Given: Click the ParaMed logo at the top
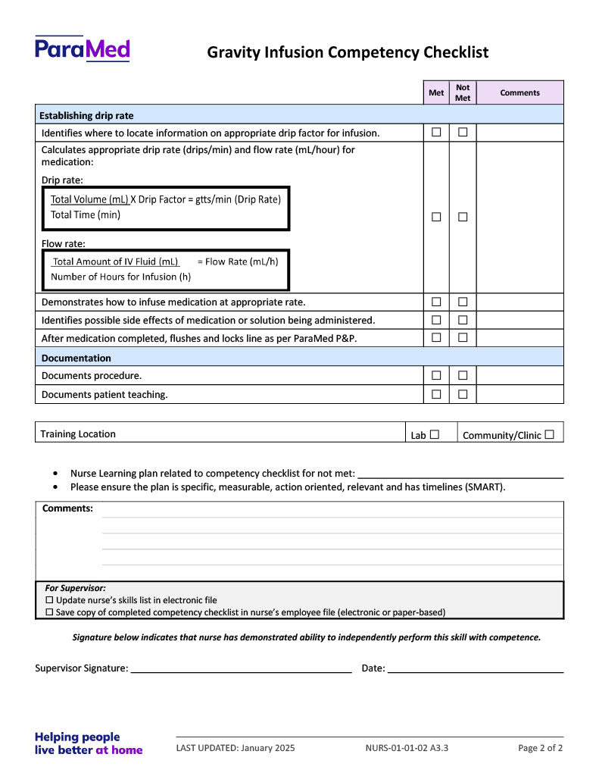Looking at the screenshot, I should pyautogui.click(x=83, y=49).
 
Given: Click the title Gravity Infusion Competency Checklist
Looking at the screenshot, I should pyautogui.click(x=348, y=52).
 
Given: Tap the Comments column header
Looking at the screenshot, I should pyautogui.click(x=519, y=92).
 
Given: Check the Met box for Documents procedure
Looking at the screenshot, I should pyautogui.click(x=436, y=375).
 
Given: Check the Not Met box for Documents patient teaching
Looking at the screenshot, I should pyautogui.click(x=463, y=394).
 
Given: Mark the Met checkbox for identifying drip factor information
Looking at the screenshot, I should pyautogui.click(x=436, y=133).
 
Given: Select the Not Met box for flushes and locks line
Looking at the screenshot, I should pyautogui.click(x=463, y=338).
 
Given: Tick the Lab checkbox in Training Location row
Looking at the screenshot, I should pyautogui.click(x=435, y=434).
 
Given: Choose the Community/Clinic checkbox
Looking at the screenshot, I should pyautogui.click(x=549, y=434).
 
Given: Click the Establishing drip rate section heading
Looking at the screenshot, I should pyautogui.click(x=87, y=115).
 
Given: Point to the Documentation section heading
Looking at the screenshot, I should pyautogui.click(x=76, y=358).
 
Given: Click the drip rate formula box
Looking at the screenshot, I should pyautogui.click(x=165, y=208).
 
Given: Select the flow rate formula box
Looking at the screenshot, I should pyautogui.click(x=165, y=269).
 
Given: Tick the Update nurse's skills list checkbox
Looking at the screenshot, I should pyautogui.click(x=50, y=600).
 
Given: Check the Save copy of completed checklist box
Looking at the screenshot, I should pyautogui.click(x=50, y=612).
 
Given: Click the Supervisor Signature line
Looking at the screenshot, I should pyautogui.click(x=241, y=669).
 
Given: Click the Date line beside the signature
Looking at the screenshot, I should pyautogui.click(x=476, y=669).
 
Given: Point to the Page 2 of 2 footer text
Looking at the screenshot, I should pyautogui.click(x=540, y=748).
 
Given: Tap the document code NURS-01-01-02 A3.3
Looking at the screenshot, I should pyautogui.click(x=407, y=748).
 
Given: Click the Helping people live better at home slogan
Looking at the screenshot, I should pyautogui.click(x=89, y=743).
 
